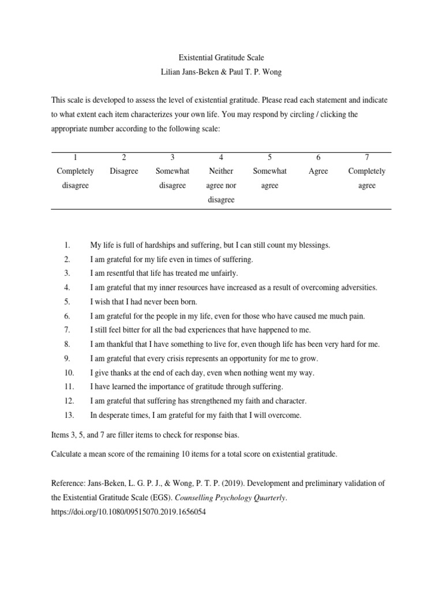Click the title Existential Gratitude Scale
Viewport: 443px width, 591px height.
pyautogui.click(x=221, y=58)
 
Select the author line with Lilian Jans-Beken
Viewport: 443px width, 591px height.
pyautogui.click(x=221, y=72)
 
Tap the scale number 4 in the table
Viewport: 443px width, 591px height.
pyautogui.click(x=221, y=157)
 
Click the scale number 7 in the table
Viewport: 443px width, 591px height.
pyautogui.click(x=367, y=157)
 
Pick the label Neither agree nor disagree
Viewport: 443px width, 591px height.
pyautogui.click(x=221, y=185)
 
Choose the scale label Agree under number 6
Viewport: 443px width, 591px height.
pyautogui.click(x=318, y=171)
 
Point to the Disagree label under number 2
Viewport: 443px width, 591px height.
pyautogui.click(x=124, y=171)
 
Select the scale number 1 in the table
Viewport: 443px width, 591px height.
pyautogui.click(x=76, y=157)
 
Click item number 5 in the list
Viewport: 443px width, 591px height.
pyautogui.click(x=67, y=301)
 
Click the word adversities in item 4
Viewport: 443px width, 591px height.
pyautogui.click(x=356, y=287)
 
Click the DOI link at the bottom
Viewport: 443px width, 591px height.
pyautogui.click(x=128, y=512)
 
